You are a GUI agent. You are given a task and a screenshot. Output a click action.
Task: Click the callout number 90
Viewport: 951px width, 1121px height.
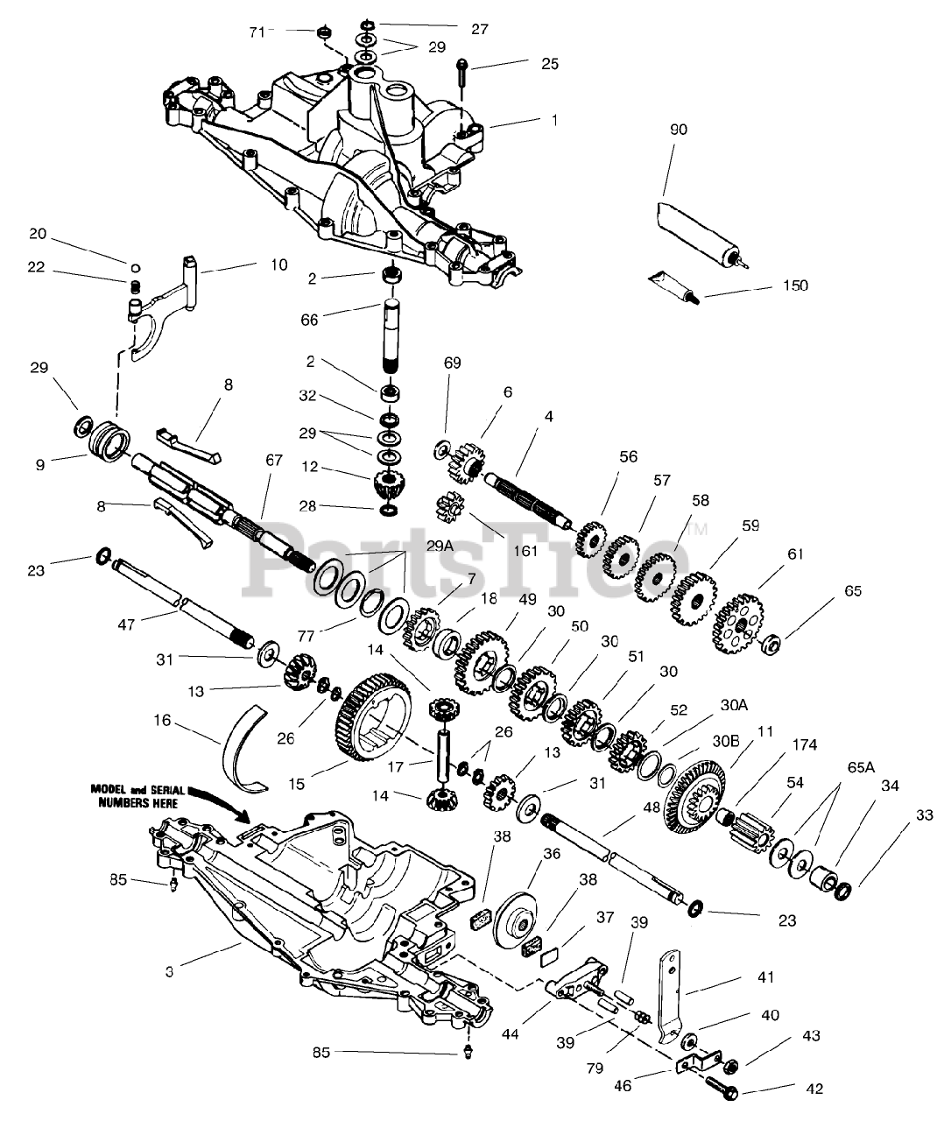click(679, 130)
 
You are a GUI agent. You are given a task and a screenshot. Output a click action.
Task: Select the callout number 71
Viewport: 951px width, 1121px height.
click(257, 32)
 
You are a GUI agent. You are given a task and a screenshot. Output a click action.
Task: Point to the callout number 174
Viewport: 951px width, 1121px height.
click(804, 744)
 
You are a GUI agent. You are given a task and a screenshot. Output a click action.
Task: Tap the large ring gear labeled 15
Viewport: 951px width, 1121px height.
click(372, 726)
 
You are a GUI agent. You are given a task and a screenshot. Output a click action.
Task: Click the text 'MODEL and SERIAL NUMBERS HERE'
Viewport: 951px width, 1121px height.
click(138, 795)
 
